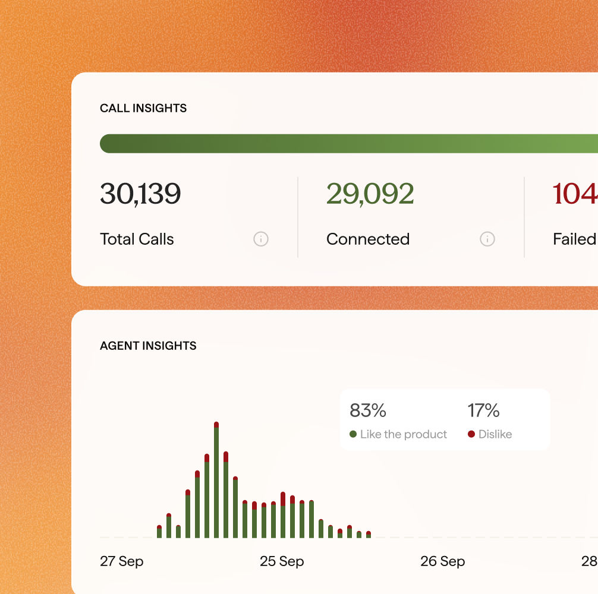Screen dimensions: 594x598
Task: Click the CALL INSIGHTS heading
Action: tap(143, 108)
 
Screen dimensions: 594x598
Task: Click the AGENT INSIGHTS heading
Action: tap(148, 346)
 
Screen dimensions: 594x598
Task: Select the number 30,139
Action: tap(140, 194)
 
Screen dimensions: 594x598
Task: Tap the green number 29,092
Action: tap(370, 194)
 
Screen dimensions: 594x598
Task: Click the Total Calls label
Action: tap(137, 239)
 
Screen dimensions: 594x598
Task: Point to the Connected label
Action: tap(367, 239)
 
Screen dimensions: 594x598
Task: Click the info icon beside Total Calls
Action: tap(261, 239)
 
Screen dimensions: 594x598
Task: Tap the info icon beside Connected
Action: tap(487, 239)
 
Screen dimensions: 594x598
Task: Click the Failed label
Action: tap(574, 239)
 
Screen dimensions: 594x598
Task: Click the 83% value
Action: tap(368, 410)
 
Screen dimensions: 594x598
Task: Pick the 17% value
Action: tap(483, 410)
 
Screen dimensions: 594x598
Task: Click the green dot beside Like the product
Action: tap(353, 434)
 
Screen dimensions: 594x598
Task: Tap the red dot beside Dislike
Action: tap(471, 434)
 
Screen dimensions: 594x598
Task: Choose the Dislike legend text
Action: tap(495, 434)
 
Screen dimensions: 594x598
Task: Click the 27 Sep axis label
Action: tap(122, 561)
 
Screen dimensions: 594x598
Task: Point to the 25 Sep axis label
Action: tap(282, 561)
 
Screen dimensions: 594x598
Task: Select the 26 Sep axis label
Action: tap(442, 561)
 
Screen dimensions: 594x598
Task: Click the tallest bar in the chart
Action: tap(216, 481)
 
